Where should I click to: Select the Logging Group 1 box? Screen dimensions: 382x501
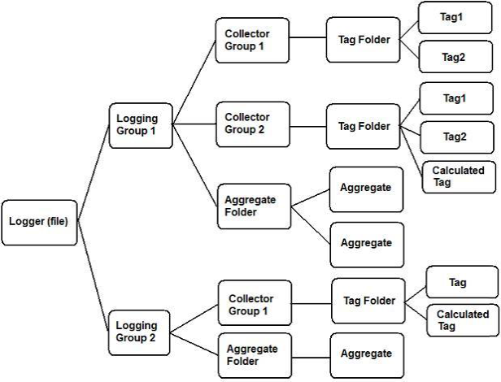tap(141, 124)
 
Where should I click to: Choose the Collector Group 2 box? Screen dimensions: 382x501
tap(253, 124)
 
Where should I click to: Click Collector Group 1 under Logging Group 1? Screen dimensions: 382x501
tap(253, 40)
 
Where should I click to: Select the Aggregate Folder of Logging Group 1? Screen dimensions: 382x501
tap(253, 206)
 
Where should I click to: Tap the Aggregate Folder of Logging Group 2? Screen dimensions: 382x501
tap(253, 354)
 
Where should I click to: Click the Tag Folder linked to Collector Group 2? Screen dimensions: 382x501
tap(364, 126)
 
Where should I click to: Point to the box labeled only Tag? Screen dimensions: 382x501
tap(462, 282)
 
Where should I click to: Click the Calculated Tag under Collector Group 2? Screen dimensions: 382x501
tap(459, 176)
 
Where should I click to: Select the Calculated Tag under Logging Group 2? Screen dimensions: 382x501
tap(463, 319)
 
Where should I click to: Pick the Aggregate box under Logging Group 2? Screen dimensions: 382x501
tap(366, 354)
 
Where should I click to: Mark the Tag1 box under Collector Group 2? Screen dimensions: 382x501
tap(455, 98)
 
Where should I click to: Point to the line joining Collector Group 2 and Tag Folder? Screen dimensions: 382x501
tap(309, 125)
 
